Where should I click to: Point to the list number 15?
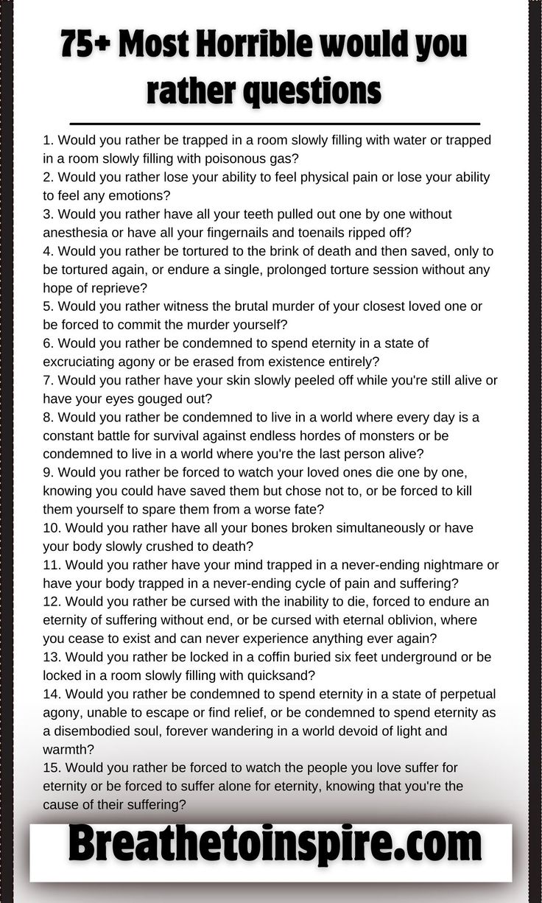point(52,767)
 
